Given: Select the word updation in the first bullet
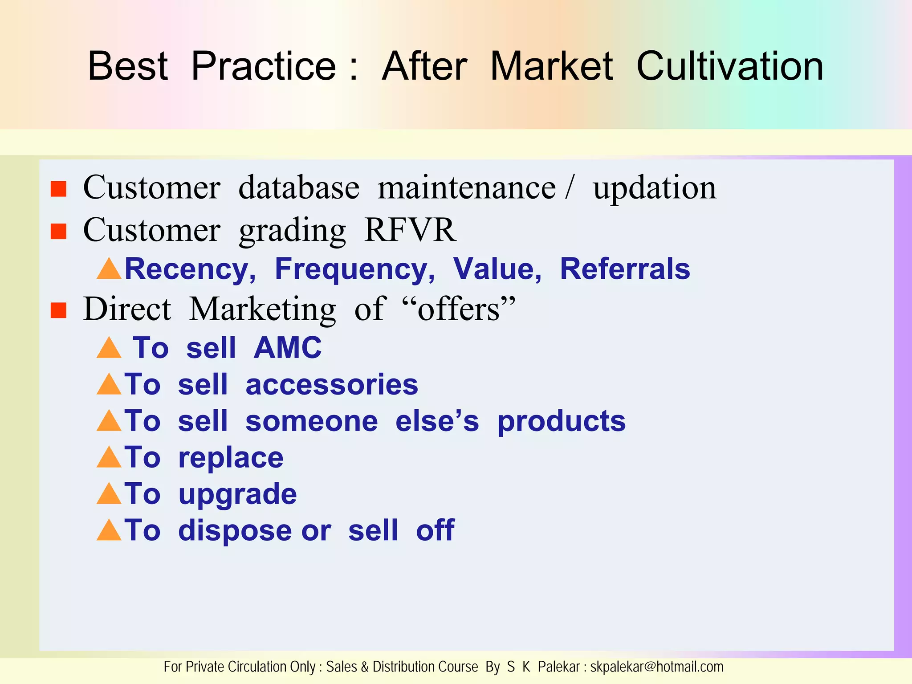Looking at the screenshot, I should [x=654, y=188].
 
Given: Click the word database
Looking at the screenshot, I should [x=299, y=187].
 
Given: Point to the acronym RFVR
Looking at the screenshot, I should [x=410, y=230].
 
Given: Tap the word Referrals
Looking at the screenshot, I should [x=625, y=269].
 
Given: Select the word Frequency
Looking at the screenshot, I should [x=355, y=269].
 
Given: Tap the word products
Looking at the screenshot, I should [x=561, y=422].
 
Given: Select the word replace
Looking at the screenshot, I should [x=231, y=458].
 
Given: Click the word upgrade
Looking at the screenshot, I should [x=237, y=495].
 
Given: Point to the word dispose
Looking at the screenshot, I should [x=235, y=531].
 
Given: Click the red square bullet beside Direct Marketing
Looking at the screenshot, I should [x=58, y=310].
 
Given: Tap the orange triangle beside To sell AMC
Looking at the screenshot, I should [x=109, y=349].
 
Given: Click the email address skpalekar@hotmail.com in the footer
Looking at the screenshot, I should [x=656, y=667].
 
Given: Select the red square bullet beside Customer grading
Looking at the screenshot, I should [x=58, y=232].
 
